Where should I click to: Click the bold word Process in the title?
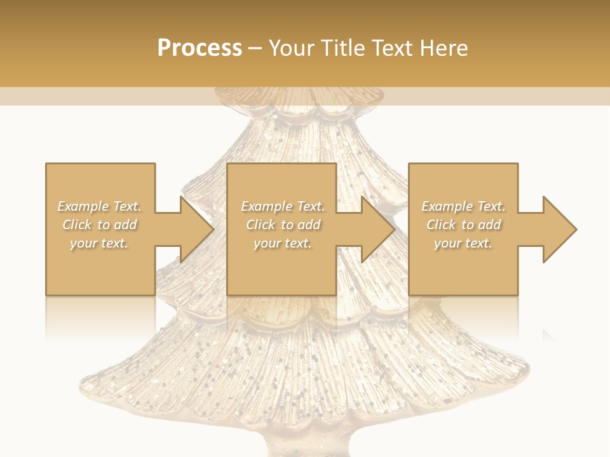200,48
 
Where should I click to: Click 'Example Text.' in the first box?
99,206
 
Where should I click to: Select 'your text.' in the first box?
99,243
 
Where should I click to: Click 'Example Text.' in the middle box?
282,206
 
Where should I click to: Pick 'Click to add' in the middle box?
282,225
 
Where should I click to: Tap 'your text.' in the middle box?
282,243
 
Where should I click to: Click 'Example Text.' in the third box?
463,206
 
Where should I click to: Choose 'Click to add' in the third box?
463,225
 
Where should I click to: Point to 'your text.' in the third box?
463,243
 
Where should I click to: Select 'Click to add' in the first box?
99,225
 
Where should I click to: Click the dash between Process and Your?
255,48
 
